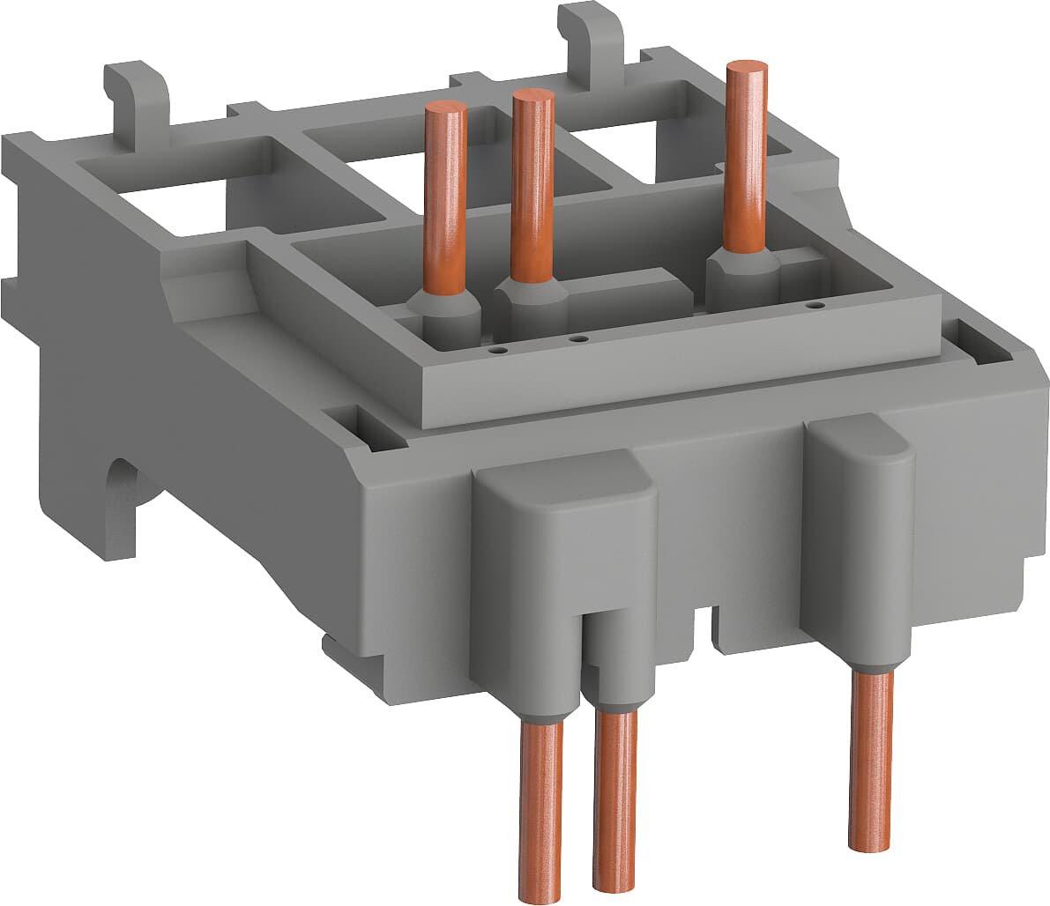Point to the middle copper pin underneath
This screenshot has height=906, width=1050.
pyautogui.click(x=614, y=811)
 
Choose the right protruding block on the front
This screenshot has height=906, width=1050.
pyautogui.click(x=862, y=502)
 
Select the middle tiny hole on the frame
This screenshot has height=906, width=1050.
pyautogui.click(x=577, y=338)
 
